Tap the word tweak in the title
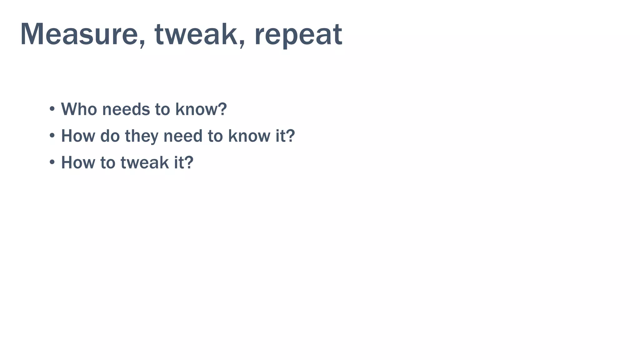pyautogui.click(x=196, y=34)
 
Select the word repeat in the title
pyautogui.click(x=298, y=35)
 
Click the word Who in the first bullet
pyautogui.click(x=79, y=109)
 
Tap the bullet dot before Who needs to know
pyautogui.click(x=52, y=109)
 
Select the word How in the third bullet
pyautogui.click(x=78, y=162)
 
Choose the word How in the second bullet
pyautogui.click(x=78, y=136)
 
